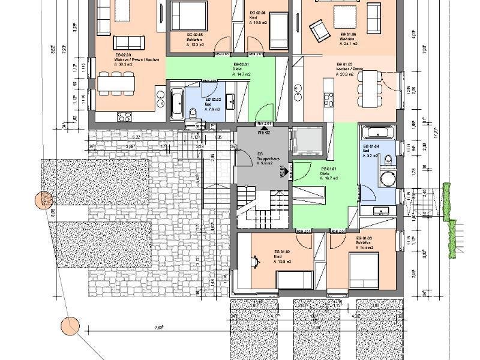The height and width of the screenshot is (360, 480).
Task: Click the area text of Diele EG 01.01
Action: click(329, 178)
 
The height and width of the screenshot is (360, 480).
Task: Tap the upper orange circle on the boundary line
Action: click(43, 200)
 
